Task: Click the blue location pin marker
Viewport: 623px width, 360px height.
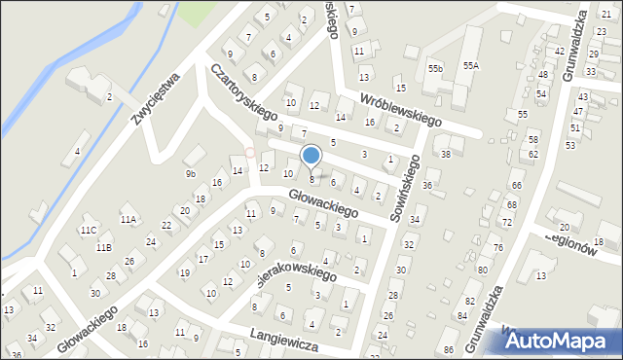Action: (x=311, y=157)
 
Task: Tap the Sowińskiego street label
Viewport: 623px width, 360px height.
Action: (x=409, y=193)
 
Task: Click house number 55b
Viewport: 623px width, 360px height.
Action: (x=435, y=69)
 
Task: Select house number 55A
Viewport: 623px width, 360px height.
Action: (x=471, y=64)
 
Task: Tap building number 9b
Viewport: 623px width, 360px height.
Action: (x=191, y=174)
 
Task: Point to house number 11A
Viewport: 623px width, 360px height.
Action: (x=128, y=220)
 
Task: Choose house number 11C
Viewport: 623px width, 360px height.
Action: (x=89, y=230)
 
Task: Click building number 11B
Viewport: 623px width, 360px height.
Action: (x=103, y=247)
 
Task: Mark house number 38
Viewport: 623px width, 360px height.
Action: (x=446, y=154)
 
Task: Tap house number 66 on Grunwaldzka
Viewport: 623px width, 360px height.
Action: (x=517, y=185)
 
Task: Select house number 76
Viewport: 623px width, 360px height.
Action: (x=497, y=247)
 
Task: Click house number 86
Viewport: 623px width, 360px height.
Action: (x=448, y=348)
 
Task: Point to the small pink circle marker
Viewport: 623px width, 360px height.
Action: (x=250, y=152)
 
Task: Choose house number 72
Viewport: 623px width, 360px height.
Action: (x=506, y=222)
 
